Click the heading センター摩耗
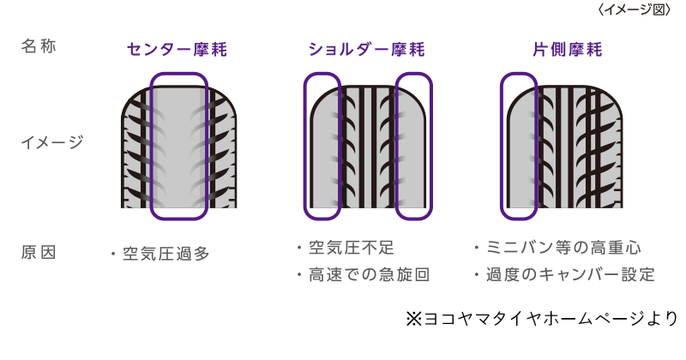178,50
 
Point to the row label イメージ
51,142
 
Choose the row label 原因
39,253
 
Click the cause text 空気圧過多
165,254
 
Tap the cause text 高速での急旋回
367,275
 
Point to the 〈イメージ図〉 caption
634,9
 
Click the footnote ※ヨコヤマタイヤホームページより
541,319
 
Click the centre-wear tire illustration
178,146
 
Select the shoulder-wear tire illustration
367,146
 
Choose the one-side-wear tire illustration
562,146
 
